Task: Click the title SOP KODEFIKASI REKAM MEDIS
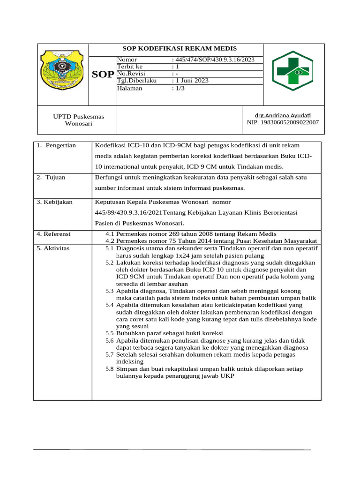click(x=180, y=49)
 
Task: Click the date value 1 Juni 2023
click(x=191, y=81)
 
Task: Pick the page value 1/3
click(x=179, y=88)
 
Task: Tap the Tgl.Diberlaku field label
click(x=137, y=81)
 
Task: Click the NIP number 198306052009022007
click(x=283, y=122)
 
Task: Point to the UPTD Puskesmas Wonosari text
click(x=79, y=120)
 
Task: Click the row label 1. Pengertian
click(x=56, y=146)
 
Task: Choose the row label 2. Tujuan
click(x=51, y=178)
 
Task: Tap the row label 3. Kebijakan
click(x=55, y=202)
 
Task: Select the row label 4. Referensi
click(x=54, y=233)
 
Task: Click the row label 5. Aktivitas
click(x=53, y=248)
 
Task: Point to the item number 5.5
click(x=109, y=333)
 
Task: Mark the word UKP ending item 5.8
click(x=227, y=376)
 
